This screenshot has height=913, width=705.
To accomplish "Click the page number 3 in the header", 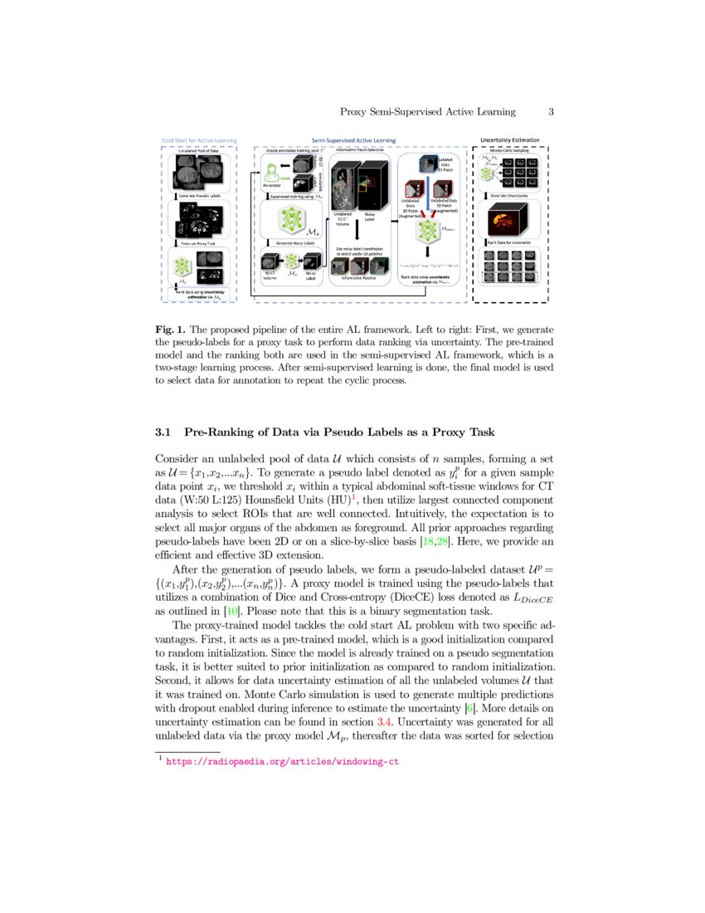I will (551, 112).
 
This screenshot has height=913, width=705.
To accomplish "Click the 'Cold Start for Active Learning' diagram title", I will (198, 141).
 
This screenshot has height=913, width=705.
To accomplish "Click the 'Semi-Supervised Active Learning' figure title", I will (352, 141).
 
